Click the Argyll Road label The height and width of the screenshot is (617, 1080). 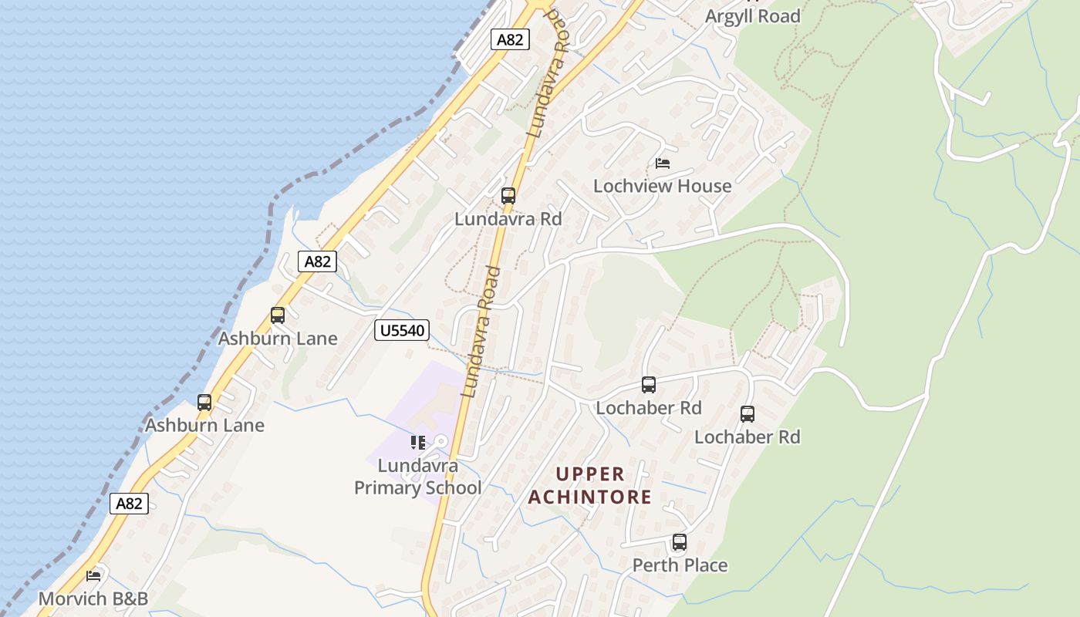pyautogui.click(x=753, y=16)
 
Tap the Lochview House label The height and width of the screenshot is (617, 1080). pyautogui.click(x=662, y=186)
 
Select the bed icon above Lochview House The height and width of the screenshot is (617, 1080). pyautogui.click(x=663, y=164)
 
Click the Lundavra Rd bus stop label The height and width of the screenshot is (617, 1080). pyautogui.click(x=508, y=219)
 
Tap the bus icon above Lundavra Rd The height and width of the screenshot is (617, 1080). pyautogui.click(x=508, y=196)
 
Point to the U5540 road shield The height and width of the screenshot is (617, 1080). pyautogui.click(x=401, y=331)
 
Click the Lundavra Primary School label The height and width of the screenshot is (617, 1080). pyautogui.click(x=417, y=477)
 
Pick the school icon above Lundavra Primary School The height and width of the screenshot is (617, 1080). pyautogui.click(x=417, y=443)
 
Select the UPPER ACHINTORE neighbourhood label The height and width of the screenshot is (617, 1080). pyautogui.click(x=590, y=485)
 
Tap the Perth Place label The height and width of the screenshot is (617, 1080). pyautogui.click(x=680, y=565)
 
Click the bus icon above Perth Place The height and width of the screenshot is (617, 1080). pyautogui.click(x=679, y=542)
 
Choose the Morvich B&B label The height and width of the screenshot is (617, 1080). pyautogui.click(x=93, y=598)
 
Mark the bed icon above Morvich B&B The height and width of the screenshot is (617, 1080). pyautogui.click(x=93, y=575)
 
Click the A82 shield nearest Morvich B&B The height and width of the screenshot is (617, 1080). pyautogui.click(x=128, y=504)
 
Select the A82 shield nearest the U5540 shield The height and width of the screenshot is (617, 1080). pyautogui.click(x=317, y=261)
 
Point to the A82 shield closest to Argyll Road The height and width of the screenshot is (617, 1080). pyautogui.click(x=510, y=39)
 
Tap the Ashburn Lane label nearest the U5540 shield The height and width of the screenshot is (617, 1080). pyautogui.click(x=278, y=339)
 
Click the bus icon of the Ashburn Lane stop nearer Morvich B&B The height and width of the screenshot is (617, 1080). pyautogui.click(x=204, y=403)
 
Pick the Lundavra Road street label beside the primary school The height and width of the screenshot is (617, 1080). pyautogui.click(x=481, y=332)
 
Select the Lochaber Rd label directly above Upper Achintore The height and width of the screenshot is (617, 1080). pyautogui.click(x=649, y=408)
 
